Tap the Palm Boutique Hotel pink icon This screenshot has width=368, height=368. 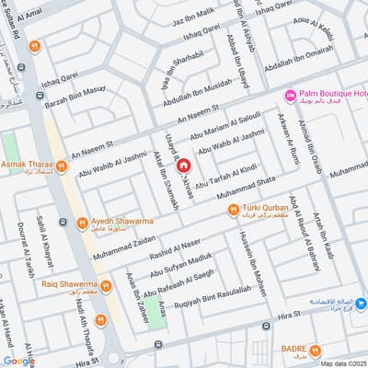(290, 96)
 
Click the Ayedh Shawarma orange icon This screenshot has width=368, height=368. (83, 222)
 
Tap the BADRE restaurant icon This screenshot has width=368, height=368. (316, 350)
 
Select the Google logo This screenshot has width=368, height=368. (18, 361)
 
